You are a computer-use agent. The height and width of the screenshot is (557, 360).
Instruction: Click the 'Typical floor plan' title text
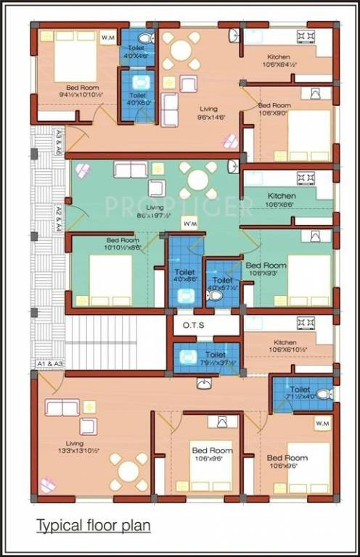pos(94,525)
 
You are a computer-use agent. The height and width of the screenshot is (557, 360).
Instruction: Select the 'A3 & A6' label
pos(60,142)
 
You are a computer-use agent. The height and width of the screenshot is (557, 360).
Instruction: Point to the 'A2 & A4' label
pos(60,220)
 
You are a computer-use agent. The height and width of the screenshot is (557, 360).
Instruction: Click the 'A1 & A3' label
pos(49,363)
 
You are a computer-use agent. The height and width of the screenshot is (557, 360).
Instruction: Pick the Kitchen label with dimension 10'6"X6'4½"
pos(278,61)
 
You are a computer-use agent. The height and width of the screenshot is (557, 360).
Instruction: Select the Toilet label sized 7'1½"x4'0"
pos(300,393)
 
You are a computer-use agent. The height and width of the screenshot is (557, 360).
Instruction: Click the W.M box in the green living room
pos(189,224)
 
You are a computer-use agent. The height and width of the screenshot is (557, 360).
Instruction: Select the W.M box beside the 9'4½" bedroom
pos(107,37)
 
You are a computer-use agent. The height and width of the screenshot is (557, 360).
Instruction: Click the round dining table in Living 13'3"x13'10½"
pos(128,471)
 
